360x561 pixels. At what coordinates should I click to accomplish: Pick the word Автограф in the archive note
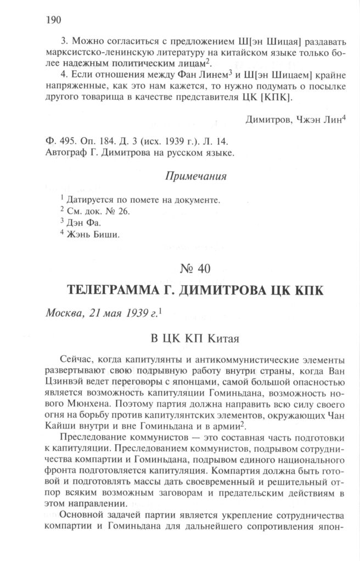click(x=65, y=153)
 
